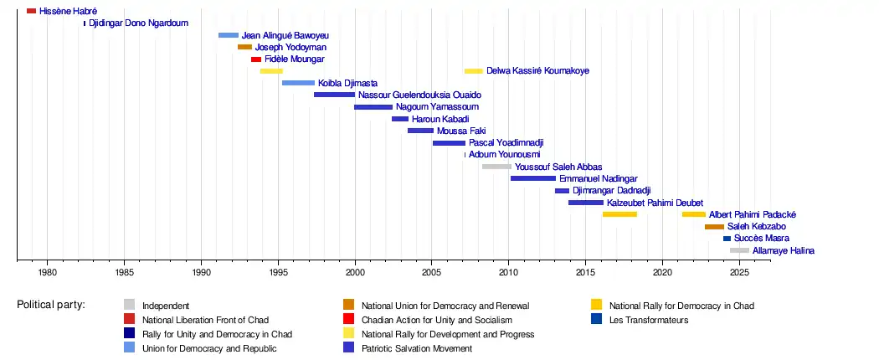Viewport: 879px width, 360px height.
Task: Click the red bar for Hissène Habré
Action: [x=31, y=11]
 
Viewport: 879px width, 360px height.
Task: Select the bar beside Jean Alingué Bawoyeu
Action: [x=229, y=35]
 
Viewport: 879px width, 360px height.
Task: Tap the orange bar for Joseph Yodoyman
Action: [x=244, y=47]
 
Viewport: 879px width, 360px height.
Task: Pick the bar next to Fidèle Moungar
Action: [x=256, y=59]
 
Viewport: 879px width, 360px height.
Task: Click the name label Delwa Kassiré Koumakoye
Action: [x=537, y=71]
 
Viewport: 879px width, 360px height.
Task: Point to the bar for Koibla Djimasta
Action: [x=298, y=83]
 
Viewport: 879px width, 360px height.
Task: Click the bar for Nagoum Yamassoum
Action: [x=373, y=107]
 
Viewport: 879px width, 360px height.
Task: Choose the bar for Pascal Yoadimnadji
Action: [x=449, y=143]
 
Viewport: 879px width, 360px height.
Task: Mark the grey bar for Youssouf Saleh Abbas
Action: [x=496, y=167]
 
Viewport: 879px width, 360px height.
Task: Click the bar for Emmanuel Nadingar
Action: [x=533, y=178]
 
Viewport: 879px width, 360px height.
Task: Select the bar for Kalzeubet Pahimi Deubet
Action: [x=586, y=203]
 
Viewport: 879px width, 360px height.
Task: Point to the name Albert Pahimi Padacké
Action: [x=753, y=214]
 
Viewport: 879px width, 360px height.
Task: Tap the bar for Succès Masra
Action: [x=727, y=239]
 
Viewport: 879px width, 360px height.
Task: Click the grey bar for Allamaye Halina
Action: [x=739, y=250]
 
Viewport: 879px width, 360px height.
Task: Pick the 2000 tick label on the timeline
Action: [x=355, y=272]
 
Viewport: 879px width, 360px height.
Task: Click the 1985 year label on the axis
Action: [x=124, y=272]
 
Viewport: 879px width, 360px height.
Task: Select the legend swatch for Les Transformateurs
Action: [x=596, y=319]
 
